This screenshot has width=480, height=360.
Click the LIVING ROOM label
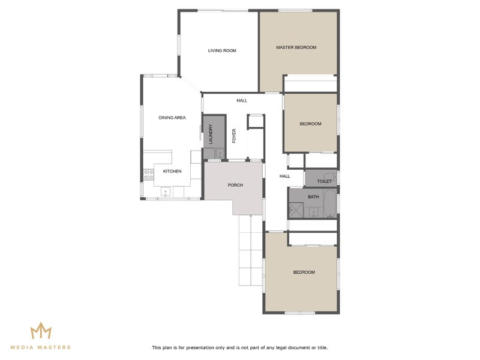coord(222,50)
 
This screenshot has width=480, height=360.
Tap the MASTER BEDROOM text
coord(296,47)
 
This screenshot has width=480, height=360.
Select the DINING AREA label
coord(172,118)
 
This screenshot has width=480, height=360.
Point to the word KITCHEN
coord(172,172)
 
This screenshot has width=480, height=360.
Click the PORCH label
coord(235,185)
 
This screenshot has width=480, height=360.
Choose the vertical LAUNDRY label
coord(211,134)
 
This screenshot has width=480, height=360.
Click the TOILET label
coord(324,181)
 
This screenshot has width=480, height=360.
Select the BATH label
coord(313,196)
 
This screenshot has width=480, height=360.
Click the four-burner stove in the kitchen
coord(148,175)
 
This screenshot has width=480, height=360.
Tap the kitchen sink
coord(166,193)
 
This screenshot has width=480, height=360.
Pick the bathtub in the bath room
coord(330,204)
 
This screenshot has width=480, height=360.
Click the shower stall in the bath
coord(295,210)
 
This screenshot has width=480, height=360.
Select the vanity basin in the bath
coord(313,212)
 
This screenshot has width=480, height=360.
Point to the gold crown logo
coord(41,331)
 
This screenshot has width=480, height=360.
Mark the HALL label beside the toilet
coord(284,176)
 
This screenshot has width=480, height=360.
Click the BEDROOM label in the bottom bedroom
coord(304,272)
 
